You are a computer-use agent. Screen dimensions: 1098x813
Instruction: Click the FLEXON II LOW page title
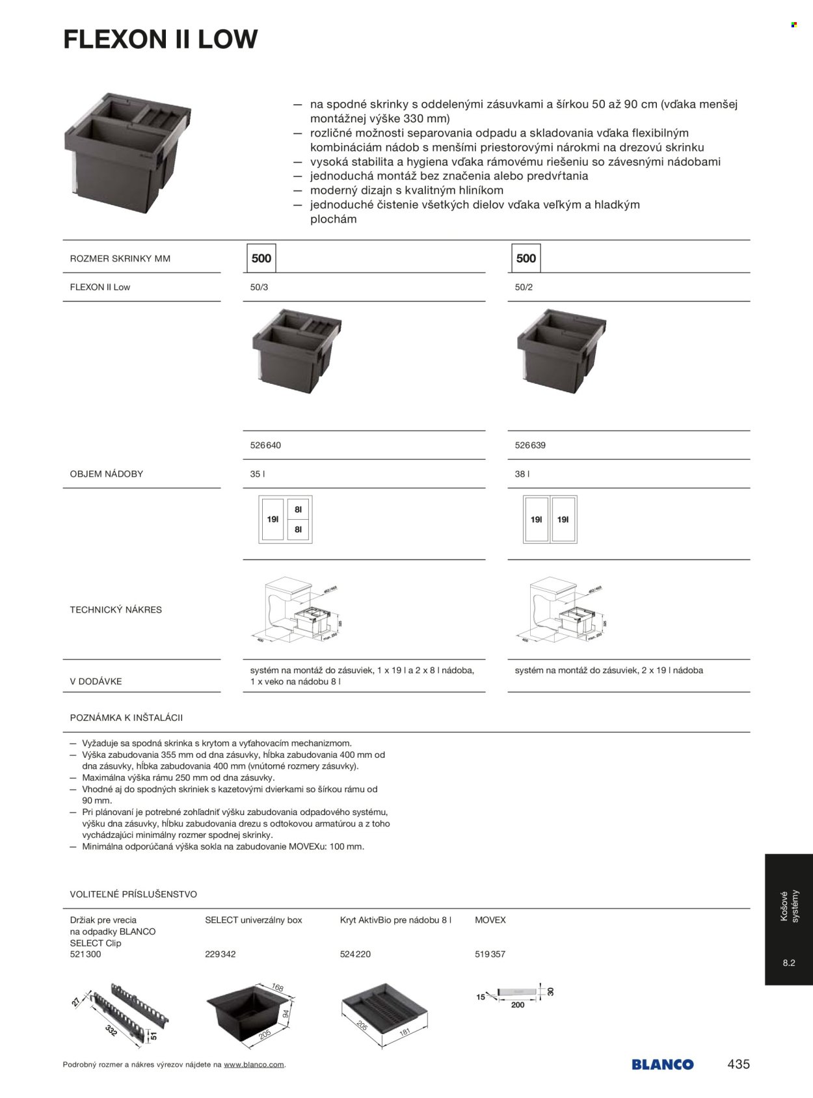click(160, 40)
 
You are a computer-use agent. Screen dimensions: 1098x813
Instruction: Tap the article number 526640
click(265, 446)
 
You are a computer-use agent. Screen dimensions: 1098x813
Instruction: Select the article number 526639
click(530, 446)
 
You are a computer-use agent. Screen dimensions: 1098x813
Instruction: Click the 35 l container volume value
click(258, 474)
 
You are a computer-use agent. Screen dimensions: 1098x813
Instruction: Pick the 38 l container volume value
click(522, 474)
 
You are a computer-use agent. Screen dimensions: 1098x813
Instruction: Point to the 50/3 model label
click(259, 287)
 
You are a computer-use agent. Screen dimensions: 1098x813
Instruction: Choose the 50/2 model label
click(524, 287)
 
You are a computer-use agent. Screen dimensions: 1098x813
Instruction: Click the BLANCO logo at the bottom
click(662, 1065)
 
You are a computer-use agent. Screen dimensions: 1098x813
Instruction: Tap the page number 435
click(738, 1064)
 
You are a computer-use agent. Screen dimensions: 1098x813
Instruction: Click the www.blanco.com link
click(254, 1065)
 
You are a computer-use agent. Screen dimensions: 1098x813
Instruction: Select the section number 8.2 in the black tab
click(789, 963)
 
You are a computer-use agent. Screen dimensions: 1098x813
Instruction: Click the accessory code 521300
click(85, 954)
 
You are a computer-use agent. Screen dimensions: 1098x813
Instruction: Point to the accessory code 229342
click(220, 954)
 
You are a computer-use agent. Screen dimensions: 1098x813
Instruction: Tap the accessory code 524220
click(356, 954)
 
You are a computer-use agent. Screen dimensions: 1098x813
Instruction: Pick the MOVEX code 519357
click(490, 954)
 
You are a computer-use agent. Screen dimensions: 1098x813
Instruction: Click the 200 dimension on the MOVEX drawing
click(518, 1005)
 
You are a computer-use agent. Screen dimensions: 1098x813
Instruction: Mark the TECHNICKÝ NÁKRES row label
click(116, 610)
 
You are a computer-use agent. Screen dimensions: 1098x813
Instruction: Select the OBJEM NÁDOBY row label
click(107, 474)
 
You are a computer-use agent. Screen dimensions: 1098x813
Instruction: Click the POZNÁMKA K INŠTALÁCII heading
click(126, 718)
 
